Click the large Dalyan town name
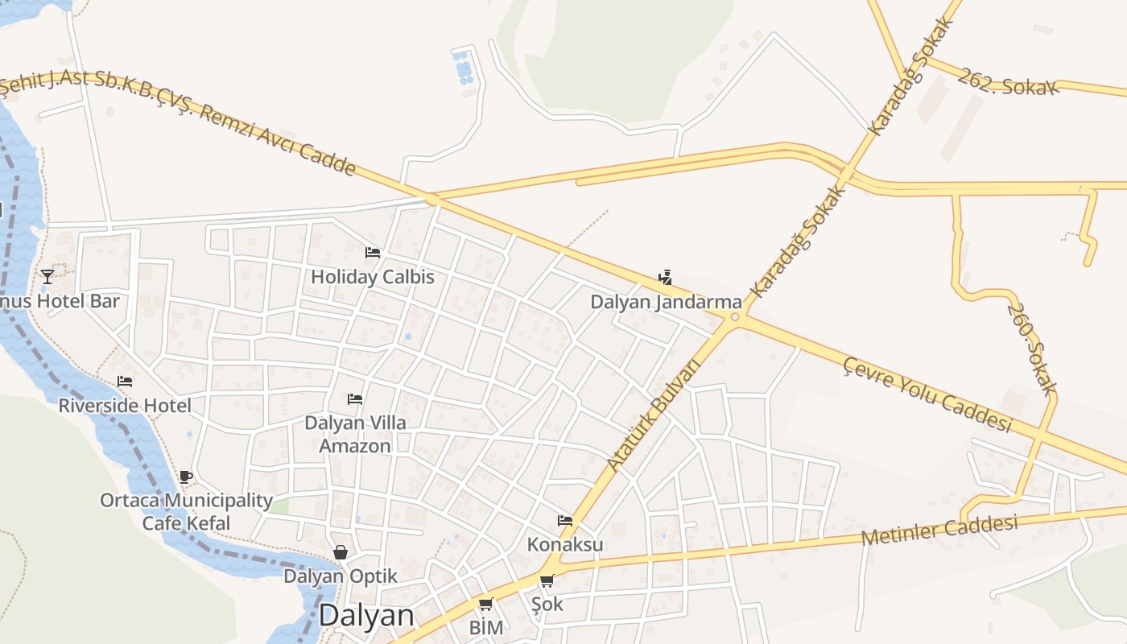366,616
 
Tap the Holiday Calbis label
373,278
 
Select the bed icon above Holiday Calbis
373,253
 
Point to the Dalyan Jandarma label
666,303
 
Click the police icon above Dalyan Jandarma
665,279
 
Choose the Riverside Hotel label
125,406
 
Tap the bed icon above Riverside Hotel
125,382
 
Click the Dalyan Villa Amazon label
355,434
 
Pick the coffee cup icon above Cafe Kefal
186,477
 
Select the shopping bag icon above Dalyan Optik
341,552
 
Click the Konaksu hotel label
565,545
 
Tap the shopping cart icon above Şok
547,580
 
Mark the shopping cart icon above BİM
485,605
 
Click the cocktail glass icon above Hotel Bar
47,277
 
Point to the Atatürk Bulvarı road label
654,414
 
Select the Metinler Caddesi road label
939,530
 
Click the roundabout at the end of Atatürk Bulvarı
734,317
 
